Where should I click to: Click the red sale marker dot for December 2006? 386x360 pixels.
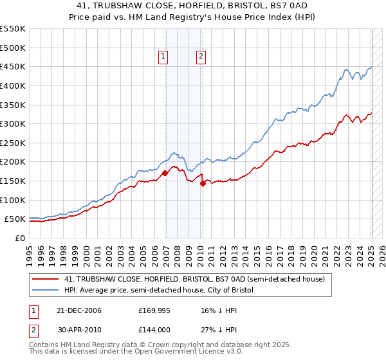pyautogui.click(x=165, y=173)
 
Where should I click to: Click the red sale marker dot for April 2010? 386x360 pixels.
pyautogui.click(x=203, y=183)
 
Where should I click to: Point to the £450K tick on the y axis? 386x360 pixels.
pyautogui.click(x=13, y=66)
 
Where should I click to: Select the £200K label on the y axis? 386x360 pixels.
pyautogui.click(x=13, y=161)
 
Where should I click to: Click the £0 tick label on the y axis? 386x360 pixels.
pyautogui.click(x=21, y=238)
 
